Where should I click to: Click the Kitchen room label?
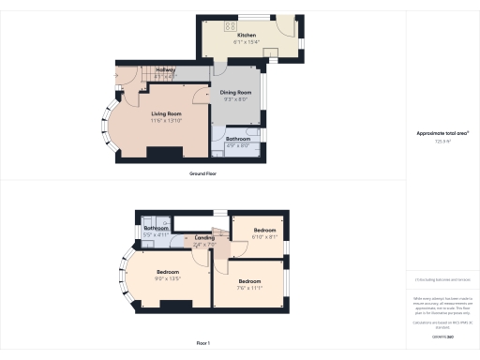(x=247, y=35)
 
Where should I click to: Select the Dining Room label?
(x=236, y=92)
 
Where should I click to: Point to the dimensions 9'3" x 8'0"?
(x=236, y=98)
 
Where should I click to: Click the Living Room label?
(x=166, y=113)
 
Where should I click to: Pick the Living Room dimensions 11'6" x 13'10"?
(x=166, y=121)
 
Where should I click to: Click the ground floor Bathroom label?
(x=238, y=140)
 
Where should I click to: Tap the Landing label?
(x=204, y=238)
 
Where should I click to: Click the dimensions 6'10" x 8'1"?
(x=264, y=236)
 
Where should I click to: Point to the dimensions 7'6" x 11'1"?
(x=249, y=288)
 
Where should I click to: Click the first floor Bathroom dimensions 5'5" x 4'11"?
(x=156, y=234)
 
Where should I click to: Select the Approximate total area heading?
(x=442, y=134)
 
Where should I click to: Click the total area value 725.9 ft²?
(x=442, y=142)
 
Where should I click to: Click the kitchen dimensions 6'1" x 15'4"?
(x=247, y=41)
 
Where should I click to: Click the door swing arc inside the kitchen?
(x=275, y=52)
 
